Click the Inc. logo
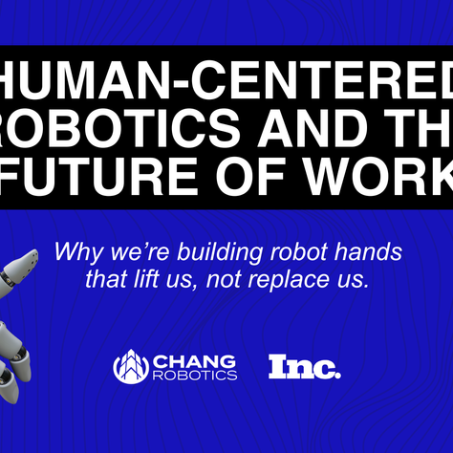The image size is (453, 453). click(x=304, y=365)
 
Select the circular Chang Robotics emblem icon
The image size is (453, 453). click(x=132, y=366)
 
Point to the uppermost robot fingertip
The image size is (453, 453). click(x=32, y=255)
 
